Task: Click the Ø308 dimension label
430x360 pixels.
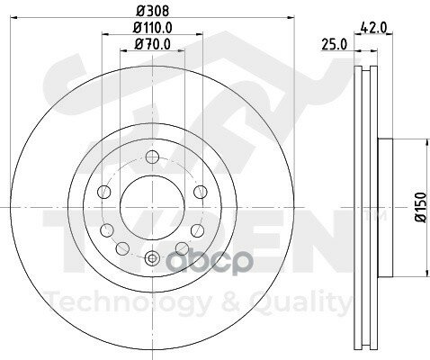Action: (153, 11)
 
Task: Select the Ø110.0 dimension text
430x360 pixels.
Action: (153, 28)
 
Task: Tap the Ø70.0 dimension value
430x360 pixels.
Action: (153, 44)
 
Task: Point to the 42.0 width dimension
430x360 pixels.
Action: (373, 28)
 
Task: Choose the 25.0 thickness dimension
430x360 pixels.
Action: (334, 44)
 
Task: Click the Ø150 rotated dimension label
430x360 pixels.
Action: (420, 207)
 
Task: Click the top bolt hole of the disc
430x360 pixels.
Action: (152, 157)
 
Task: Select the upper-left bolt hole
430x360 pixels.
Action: (104, 192)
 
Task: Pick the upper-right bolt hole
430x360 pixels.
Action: (201, 192)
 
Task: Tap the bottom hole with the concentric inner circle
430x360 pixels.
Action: (152, 258)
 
